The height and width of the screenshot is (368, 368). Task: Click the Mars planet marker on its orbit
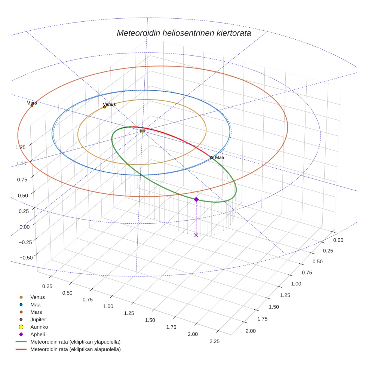click(x=32, y=106)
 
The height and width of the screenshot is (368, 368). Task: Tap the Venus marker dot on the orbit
click(x=104, y=107)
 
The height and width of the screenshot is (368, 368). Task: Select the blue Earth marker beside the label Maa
click(x=212, y=158)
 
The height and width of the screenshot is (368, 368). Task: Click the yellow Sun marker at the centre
click(x=142, y=131)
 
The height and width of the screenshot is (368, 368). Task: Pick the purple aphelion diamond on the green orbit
click(x=196, y=199)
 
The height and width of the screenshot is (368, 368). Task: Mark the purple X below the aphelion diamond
click(x=196, y=235)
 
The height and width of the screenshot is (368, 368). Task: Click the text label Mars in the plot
click(x=32, y=102)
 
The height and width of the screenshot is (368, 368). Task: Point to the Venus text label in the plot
click(x=109, y=104)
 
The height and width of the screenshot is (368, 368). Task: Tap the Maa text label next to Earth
click(x=220, y=157)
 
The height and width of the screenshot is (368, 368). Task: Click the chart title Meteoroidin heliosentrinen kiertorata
click(x=184, y=33)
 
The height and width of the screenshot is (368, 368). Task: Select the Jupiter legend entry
click(x=38, y=319)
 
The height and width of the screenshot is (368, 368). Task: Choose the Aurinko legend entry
click(x=39, y=327)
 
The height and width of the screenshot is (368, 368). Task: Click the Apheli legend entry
click(x=37, y=334)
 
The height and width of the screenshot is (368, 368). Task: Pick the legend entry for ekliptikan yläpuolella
click(x=75, y=342)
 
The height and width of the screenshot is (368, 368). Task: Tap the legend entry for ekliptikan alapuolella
click(x=75, y=349)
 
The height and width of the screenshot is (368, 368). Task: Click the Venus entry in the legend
click(x=37, y=297)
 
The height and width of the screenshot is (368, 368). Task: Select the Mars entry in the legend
click(x=36, y=312)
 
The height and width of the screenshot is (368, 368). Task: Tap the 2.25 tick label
click(x=215, y=341)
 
